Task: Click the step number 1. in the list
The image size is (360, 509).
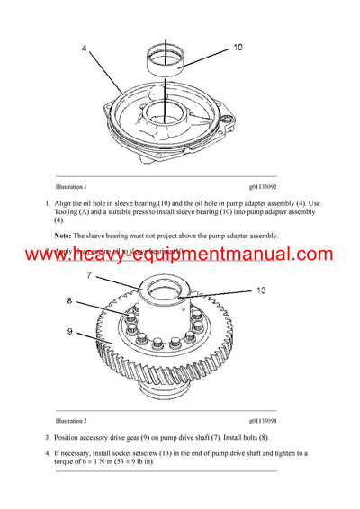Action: click(x=47, y=204)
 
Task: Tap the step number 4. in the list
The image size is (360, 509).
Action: click(x=47, y=453)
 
